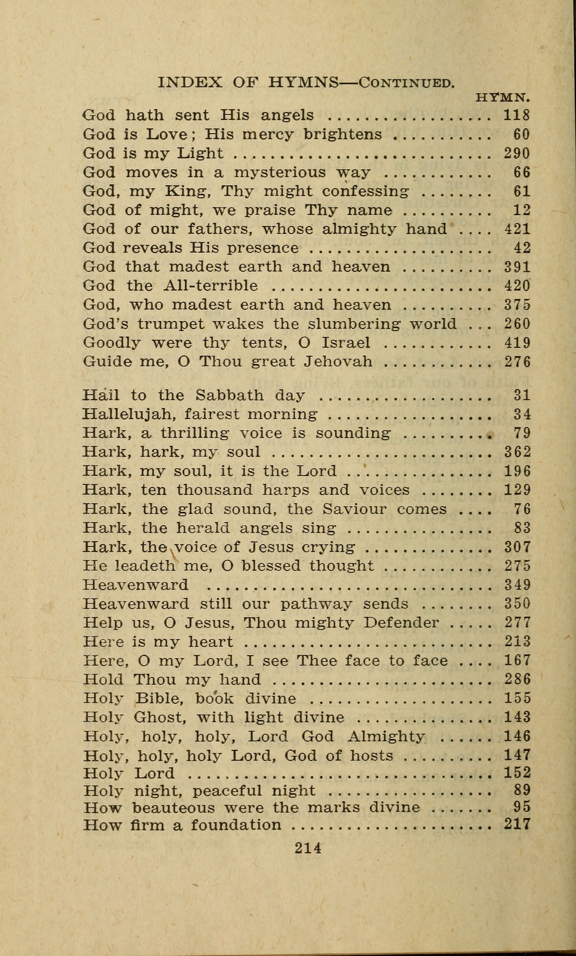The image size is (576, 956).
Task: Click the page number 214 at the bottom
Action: click(308, 848)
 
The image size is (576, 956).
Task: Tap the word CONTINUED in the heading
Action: click(406, 83)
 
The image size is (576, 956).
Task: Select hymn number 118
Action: click(517, 115)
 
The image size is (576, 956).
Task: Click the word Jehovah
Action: click(338, 362)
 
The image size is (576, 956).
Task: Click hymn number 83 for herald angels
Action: click(522, 528)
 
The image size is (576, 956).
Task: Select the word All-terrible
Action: click(211, 286)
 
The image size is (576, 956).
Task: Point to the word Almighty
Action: click(386, 736)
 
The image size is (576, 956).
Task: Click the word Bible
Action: click(158, 698)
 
